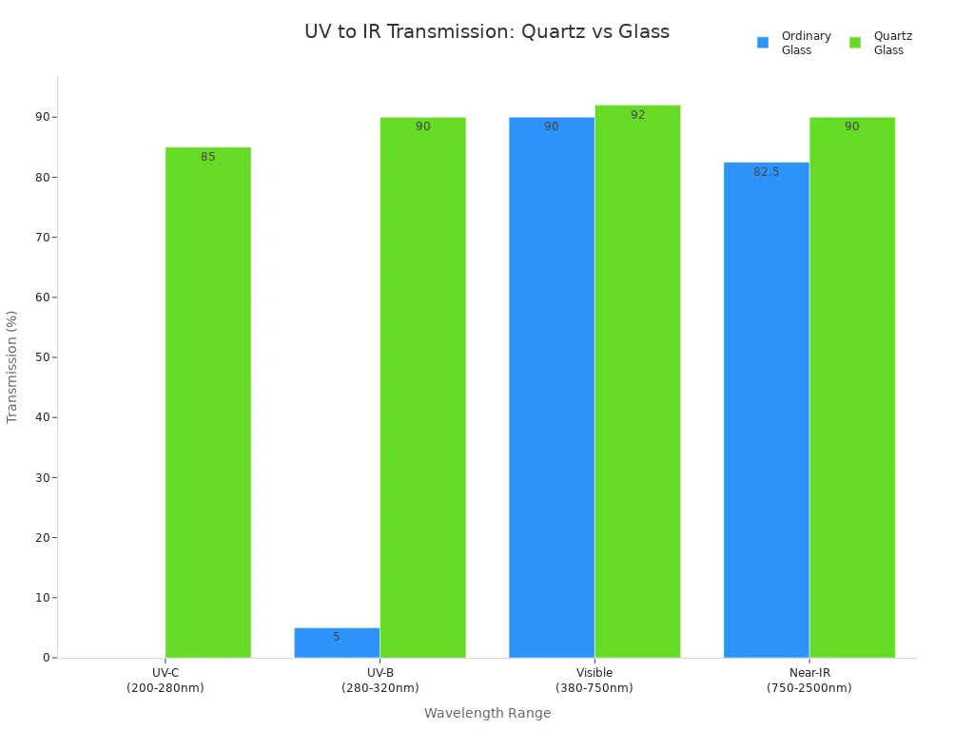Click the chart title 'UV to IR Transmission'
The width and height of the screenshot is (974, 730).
(486, 31)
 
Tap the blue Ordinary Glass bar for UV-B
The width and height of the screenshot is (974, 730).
(337, 643)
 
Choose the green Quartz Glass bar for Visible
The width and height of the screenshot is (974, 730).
(637, 381)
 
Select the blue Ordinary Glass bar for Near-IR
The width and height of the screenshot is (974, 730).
(766, 410)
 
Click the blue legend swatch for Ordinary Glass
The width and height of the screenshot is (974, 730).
(763, 43)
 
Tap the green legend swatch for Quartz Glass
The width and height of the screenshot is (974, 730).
(855, 43)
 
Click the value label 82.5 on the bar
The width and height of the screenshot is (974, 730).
(766, 172)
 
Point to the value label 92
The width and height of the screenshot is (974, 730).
(637, 115)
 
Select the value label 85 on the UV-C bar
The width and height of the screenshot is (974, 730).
(207, 157)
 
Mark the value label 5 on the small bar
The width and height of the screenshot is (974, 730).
(336, 637)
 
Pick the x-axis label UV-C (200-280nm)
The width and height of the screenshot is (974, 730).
(166, 681)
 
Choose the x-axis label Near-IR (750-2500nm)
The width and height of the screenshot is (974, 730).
(808, 681)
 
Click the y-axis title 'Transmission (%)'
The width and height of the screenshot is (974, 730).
(12, 367)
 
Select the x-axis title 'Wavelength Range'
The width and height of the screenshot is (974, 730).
(487, 713)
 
